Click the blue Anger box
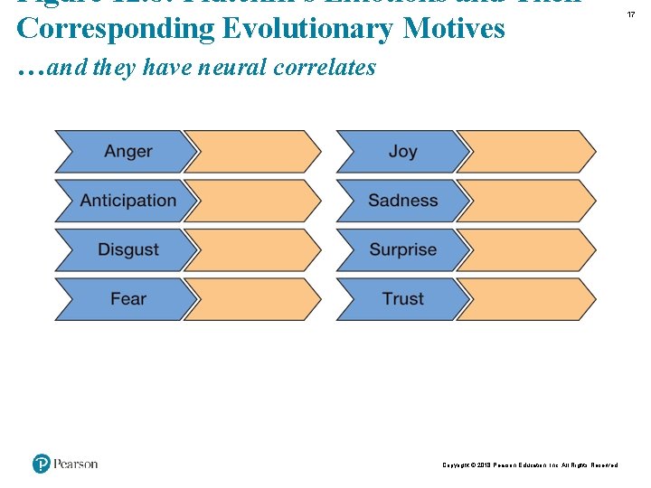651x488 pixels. point(127,152)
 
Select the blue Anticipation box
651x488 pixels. point(127,201)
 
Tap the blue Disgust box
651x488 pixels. point(127,249)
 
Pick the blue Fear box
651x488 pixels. point(127,299)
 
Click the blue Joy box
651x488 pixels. point(402,152)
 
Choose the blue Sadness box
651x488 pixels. point(402,201)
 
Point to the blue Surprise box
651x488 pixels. point(402,249)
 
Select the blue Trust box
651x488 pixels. point(402,299)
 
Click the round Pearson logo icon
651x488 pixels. point(42,464)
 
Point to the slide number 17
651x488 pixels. point(630,14)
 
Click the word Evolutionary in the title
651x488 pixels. point(307,28)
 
